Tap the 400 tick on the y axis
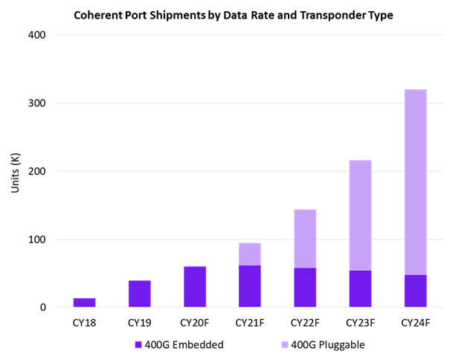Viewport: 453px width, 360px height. click(37, 35)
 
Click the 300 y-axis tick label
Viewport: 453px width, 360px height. click(37, 103)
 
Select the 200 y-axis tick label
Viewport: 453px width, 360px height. click(37, 172)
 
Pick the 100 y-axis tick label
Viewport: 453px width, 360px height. click(37, 240)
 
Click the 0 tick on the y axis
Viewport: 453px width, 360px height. click(42, 308)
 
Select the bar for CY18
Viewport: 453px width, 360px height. click(84, 303)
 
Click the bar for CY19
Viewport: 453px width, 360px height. click(139, 294)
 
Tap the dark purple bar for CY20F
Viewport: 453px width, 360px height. click(195, 287)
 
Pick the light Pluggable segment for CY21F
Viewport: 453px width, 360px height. click(250, 254)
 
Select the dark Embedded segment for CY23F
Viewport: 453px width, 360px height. click(360, 289)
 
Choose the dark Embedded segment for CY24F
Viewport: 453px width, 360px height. click(415, 291)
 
